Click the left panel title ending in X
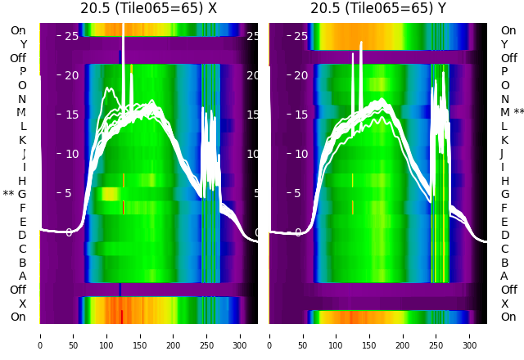[149, 8]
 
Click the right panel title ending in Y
[378, 8]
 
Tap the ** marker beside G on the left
[8, 194]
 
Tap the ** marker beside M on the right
[518, 112]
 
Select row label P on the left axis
[23, 71]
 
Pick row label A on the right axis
[504, 276]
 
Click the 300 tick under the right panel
[470, 335]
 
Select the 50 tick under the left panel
[73, 335]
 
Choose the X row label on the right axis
[504, 304]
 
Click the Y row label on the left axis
[23, 44]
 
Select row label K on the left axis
[23, 140]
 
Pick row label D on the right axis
[504, 235]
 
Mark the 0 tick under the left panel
[39, 335]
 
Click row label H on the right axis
[504, 181]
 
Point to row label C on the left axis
[23, 249]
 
